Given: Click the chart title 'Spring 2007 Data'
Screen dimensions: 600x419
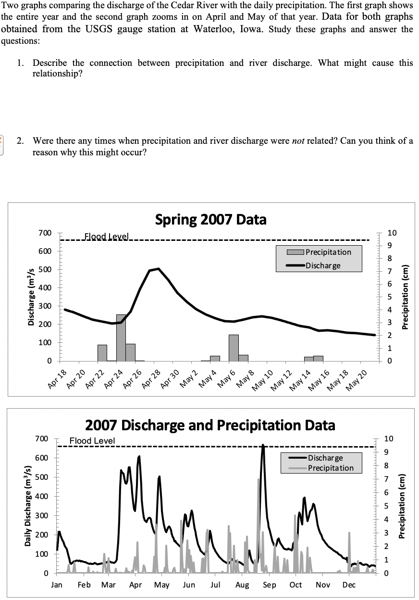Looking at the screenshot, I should pos(210,220).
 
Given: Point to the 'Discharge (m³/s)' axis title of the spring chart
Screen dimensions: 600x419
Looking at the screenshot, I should pos(30,297).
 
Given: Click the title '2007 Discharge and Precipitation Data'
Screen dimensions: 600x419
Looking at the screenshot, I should pos(210,425).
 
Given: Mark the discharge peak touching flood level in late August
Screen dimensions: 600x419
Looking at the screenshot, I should pos(263,445).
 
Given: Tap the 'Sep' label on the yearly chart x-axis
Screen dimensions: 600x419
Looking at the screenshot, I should pos(270,585).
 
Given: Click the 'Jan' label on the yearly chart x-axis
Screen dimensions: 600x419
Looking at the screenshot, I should pos(57,585).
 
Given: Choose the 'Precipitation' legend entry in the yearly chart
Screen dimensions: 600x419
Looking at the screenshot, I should pos(330,468).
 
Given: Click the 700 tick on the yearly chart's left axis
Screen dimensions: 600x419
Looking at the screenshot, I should pos(42,438).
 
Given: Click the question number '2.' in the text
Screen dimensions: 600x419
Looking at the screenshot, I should pos(20,141).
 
